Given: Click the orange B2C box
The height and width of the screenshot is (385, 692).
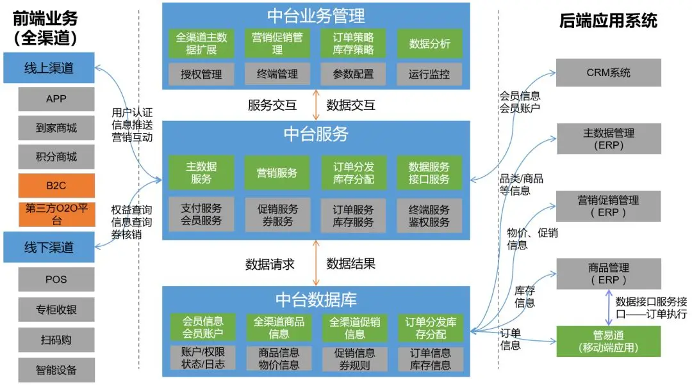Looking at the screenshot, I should (x=56, y=185).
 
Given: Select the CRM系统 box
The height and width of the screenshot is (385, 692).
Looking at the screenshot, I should (x=608, y=72).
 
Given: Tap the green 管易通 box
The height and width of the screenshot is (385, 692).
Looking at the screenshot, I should (x=608, y=341).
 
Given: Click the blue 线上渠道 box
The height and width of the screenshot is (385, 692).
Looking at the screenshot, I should (x=49, y=68).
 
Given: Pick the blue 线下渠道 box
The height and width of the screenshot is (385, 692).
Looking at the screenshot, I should (x=49, y=247).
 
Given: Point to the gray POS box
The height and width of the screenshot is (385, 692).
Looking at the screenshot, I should (x=56, y=279).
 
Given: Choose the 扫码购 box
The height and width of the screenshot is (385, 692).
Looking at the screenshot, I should (x=56, y=340).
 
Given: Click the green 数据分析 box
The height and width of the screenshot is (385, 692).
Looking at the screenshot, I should (x=429, y=44).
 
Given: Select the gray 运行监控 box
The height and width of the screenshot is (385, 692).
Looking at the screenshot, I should (x=429, y=74).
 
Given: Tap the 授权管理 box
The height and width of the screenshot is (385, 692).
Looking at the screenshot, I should (x=201, y=74).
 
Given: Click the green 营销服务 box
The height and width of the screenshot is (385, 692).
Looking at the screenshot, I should (x=277, y=172).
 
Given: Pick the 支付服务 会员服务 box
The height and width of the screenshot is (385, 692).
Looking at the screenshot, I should (x=201, y=215).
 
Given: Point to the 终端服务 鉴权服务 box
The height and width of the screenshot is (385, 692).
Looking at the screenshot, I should (x=429, y=215).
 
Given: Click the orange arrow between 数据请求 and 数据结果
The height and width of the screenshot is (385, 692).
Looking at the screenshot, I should (x=315, y=263).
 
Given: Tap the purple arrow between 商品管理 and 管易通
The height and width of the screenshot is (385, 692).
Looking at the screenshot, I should (x=607, y=308).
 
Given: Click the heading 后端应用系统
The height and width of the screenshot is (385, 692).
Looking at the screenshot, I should (x=608, y=20).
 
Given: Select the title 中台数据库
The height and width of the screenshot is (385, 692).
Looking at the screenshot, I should (x=316, y=299).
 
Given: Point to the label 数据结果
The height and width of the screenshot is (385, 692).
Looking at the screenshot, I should (x=350, y=263).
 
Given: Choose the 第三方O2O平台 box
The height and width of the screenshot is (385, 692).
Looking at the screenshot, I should (x=56, y=215).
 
